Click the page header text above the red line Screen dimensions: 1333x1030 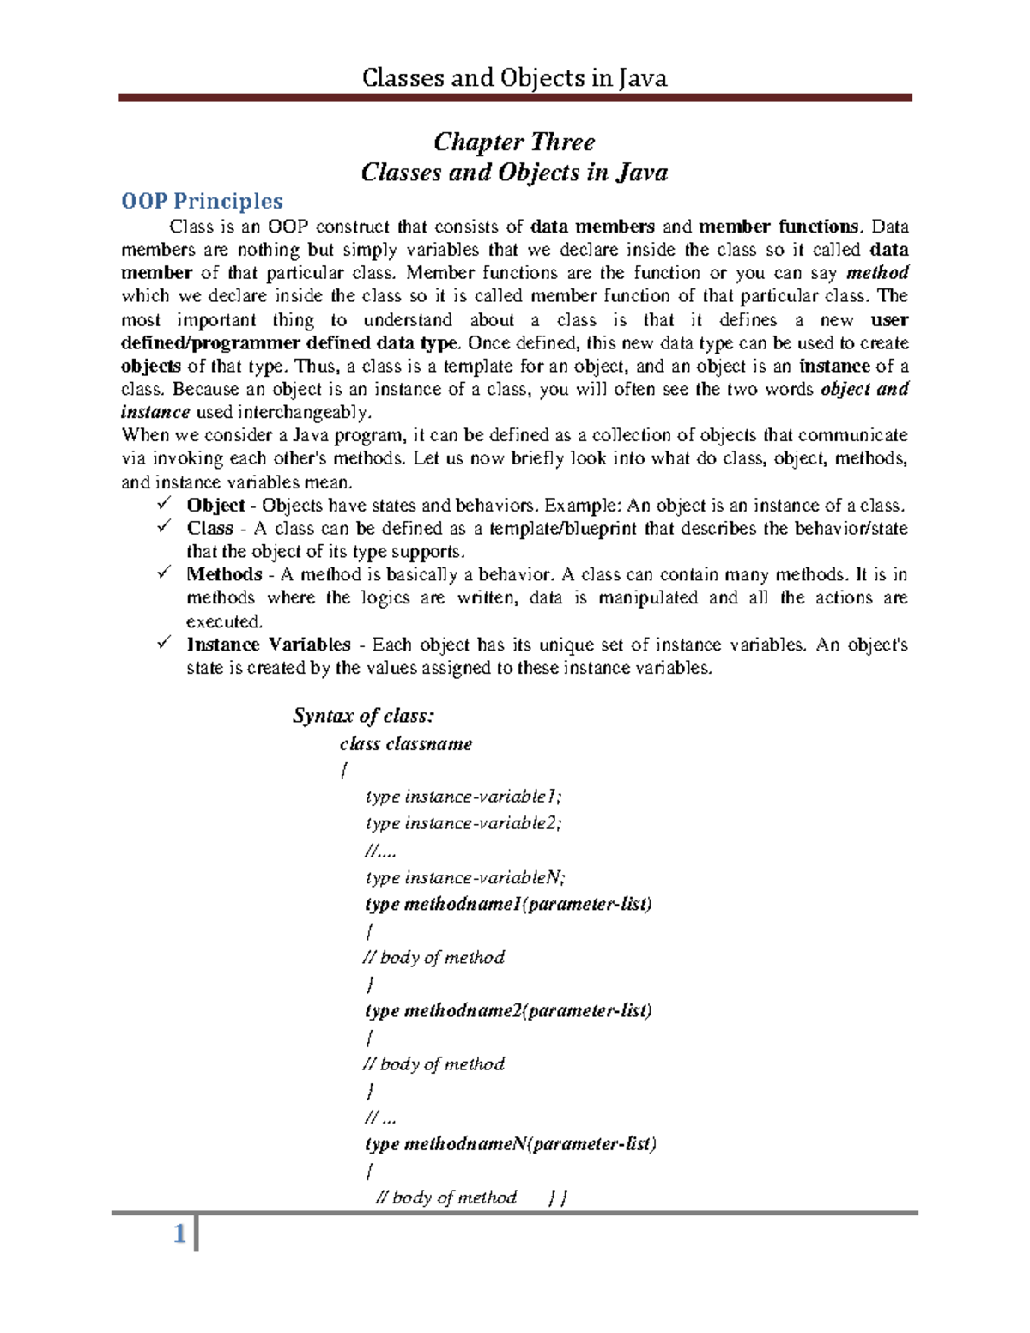pos(514,78)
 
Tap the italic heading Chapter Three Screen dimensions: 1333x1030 pos(514,142)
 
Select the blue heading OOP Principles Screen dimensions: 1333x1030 pos(202,201)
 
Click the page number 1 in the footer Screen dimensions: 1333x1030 pos(179,1234)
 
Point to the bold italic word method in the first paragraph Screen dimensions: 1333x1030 pos(877,273)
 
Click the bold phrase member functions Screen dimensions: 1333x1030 pos(778,227)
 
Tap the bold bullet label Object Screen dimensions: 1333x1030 pos(215,505)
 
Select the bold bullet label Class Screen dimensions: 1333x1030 pos(210,528)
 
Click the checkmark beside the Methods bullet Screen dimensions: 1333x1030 pos(164,573)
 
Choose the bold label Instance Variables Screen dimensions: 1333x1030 pos(269,645)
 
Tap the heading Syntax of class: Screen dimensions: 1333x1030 pos(364,716)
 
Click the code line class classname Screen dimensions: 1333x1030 pos(406,743)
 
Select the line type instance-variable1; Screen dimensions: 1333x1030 pos(463,797)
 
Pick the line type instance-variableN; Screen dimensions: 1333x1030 pos(465,877)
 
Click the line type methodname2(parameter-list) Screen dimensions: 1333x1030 pos(508,1010)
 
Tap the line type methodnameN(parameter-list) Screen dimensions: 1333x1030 pos(511,1143)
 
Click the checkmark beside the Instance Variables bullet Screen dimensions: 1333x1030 pos(164,643)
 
